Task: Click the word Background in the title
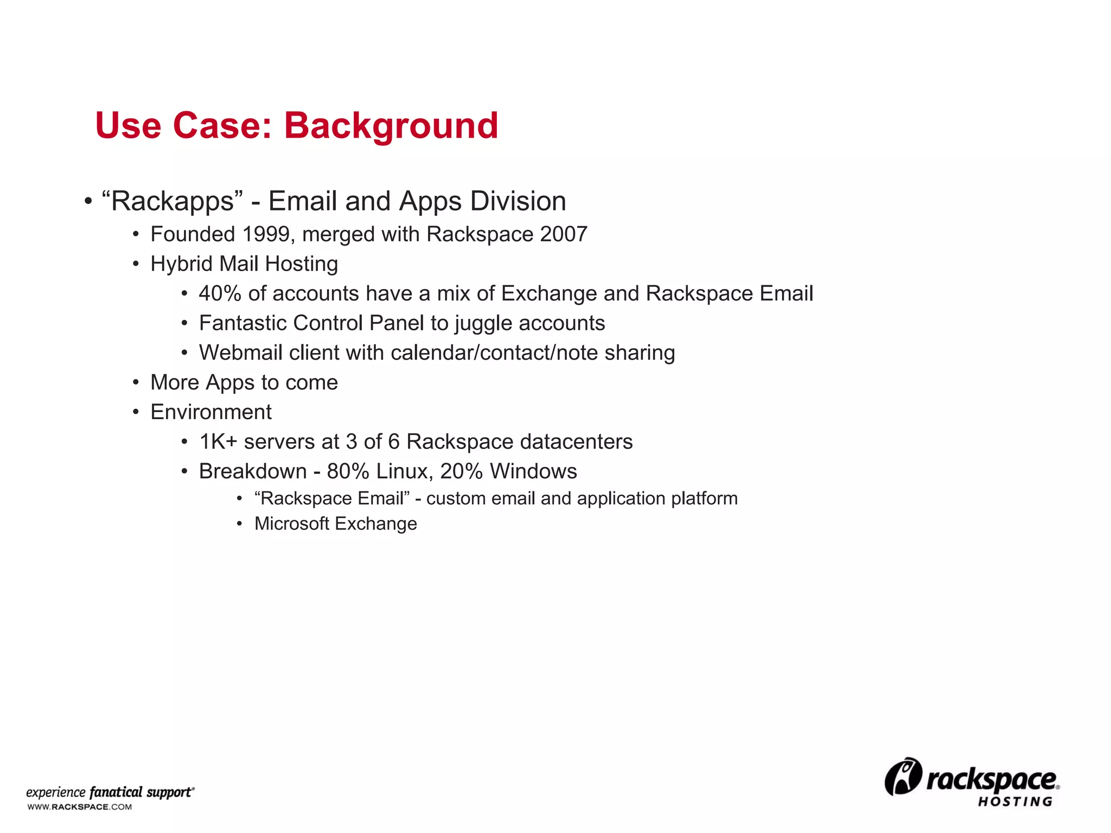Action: pyautogui.click(x=391, y=126)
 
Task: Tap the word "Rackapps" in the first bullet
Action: pyautogui.click(x=173, y=202)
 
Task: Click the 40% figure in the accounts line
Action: pyautogui.click(x=220, y=293)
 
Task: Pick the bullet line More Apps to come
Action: pyautogui.click(x=244, y=383)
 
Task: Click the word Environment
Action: pyautogui.click(x=211, y=412)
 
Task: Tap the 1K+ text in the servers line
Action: pyautogui.click(x=218, y=442)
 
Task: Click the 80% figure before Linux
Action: pyautogui.click(x=348, y=471)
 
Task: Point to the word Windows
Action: pyautogui.click(x=533, y=471)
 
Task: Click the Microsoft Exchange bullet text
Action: pyautogui.click(x=335, y=524)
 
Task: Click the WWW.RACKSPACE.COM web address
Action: pyautogui.click(x=80, y=807)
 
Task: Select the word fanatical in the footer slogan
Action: pyautogui.click(x=116, y=792)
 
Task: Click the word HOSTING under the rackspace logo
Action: pyautogui.click(x=1015, y=802)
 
